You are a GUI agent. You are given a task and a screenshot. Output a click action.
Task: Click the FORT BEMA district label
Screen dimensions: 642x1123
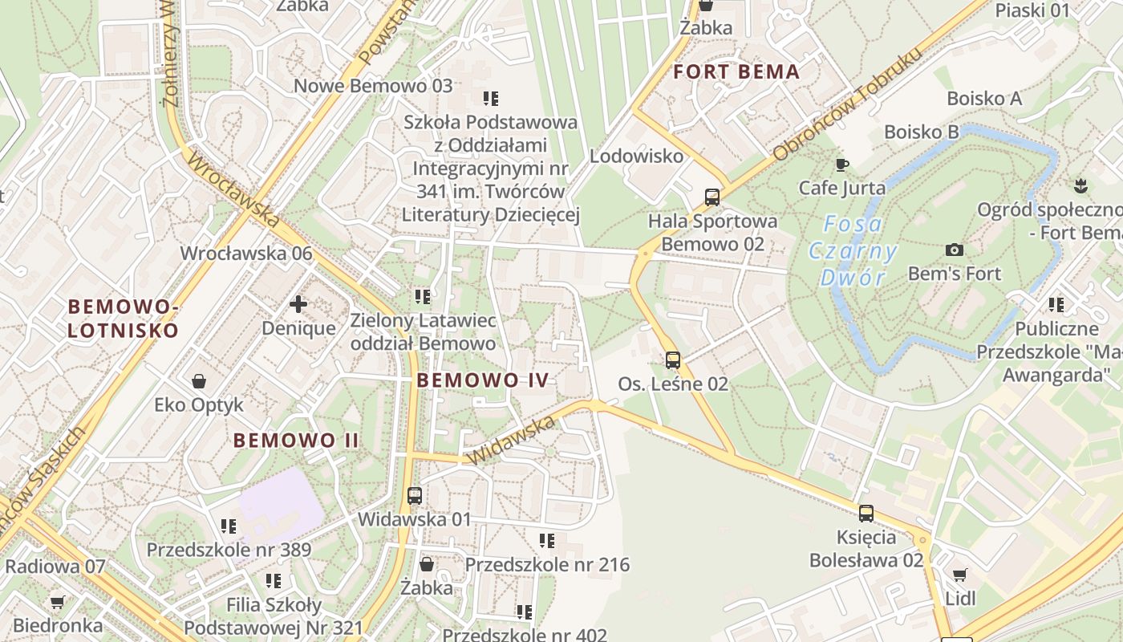point(736,71)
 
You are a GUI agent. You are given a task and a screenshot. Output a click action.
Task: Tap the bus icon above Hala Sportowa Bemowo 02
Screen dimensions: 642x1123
point(712,197)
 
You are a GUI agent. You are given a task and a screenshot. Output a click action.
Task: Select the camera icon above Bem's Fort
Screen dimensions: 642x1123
point(954,250)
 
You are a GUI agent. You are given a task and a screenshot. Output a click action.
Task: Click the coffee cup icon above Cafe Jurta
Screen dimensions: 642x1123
point(841,165)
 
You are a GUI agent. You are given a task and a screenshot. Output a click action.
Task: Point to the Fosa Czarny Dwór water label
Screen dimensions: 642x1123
point(853,251)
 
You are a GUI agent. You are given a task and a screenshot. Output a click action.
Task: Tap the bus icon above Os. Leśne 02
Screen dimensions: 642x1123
point(673,360)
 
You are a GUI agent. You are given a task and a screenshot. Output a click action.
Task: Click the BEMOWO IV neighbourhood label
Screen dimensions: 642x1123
point(484,380)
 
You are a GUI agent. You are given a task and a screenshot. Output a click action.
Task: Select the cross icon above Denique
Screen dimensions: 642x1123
point(298,304)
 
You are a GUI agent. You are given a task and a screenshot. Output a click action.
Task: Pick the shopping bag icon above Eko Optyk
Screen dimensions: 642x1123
point(198,380)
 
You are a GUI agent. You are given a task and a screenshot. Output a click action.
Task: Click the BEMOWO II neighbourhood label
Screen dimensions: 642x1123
point(297,440)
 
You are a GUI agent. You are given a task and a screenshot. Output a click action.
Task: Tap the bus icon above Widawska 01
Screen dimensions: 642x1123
point(415,495)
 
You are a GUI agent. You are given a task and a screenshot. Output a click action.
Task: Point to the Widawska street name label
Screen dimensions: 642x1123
point(510,440)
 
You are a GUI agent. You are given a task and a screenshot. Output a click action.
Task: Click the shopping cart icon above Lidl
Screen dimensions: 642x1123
point(959,575)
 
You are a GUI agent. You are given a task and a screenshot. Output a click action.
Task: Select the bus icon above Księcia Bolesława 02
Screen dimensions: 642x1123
point(866,513)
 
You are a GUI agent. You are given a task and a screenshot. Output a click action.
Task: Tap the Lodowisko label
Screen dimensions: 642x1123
point(636,156)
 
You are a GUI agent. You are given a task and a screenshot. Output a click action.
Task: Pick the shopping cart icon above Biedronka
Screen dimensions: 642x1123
point(57,601)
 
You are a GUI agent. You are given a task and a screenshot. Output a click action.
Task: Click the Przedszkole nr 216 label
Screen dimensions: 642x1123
point(547,564)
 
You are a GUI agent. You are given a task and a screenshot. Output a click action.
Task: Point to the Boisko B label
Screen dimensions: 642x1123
point(922,131)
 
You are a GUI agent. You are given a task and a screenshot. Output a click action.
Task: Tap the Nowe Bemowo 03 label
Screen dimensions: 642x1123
point(373,86)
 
